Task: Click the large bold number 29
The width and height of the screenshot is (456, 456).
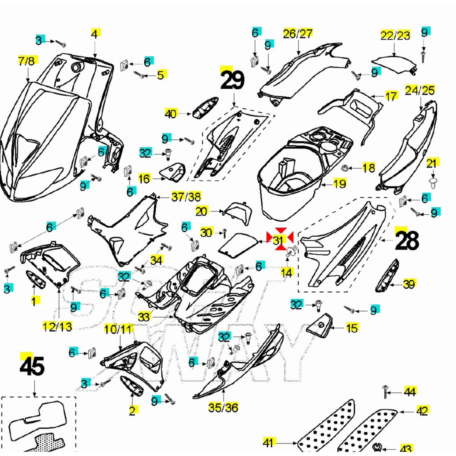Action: [233, 80]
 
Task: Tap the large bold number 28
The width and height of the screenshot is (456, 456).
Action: [407, 240]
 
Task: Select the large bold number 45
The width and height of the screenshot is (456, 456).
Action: [32, 366]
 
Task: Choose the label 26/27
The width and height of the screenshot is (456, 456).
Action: [298, 34]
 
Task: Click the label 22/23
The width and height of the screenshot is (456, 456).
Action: [395, 36]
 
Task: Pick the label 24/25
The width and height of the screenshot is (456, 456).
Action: [420, 90]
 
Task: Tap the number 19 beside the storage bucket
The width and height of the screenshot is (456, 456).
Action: [340, 183]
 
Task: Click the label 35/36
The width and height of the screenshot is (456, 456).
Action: [223, 407]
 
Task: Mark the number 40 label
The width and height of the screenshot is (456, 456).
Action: [170, 113]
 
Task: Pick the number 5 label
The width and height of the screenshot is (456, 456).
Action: [160, 75]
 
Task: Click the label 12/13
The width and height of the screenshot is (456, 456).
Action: [57, 326]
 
